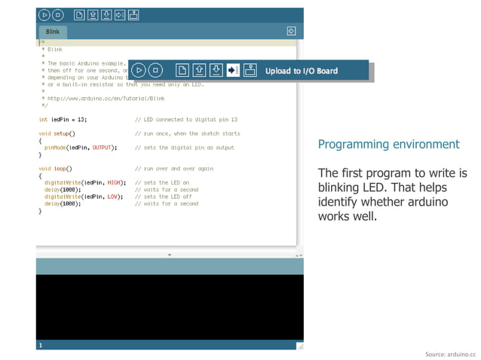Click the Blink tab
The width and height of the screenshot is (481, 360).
tap(53, 32)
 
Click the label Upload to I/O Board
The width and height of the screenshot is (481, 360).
tap(302, 71)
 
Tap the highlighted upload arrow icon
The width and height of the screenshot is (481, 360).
tap(233, 70)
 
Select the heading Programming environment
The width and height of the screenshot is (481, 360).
tap(388, 144)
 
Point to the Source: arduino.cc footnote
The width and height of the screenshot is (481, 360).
tap(451, 353)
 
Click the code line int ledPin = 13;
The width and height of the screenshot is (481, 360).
tap(63, 119)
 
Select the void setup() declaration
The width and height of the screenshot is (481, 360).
tap(57, 133)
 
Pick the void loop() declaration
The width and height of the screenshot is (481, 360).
tap(55, 169)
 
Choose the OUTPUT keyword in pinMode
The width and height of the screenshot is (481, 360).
tap(103, 148)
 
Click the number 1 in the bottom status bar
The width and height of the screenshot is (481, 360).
tap(41, 345)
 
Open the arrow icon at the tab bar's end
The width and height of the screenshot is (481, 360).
tap(291, 32)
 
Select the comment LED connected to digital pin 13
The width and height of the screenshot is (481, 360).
tap(186, 119)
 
